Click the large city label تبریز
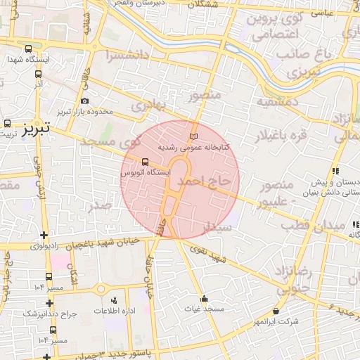[34, 129]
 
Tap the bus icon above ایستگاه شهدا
[28, 49]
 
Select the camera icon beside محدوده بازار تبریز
[84, 101]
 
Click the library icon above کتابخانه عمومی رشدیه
[194, 136]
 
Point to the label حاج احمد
[203, 181]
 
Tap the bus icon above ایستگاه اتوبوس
[145, 162]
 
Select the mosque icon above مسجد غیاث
[204, 298]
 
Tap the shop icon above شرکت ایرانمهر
[275, 311]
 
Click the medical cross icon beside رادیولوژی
[45, 236]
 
